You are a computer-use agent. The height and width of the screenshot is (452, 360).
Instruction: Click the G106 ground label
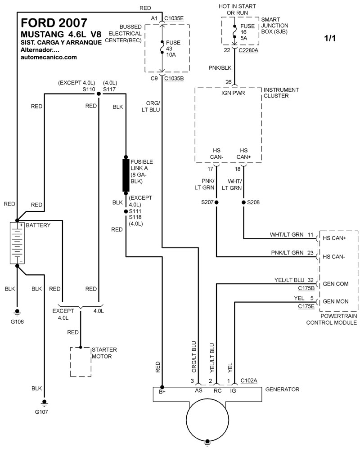[18, 322]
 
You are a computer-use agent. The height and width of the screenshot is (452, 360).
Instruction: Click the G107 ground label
[44, 411]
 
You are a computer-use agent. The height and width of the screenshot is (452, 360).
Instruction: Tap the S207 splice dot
[216, 203]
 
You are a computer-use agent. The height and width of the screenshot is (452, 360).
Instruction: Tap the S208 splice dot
[244, 203]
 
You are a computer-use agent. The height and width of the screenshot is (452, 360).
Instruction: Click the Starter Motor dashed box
[80, 362]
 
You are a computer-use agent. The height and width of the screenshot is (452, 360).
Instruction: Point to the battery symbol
[17, 243]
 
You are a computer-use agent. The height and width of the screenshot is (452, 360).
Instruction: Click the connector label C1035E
[174, 18]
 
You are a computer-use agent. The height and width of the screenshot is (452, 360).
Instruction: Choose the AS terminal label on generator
[198, 390]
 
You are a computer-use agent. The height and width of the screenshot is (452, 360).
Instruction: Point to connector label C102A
[249, 380]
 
